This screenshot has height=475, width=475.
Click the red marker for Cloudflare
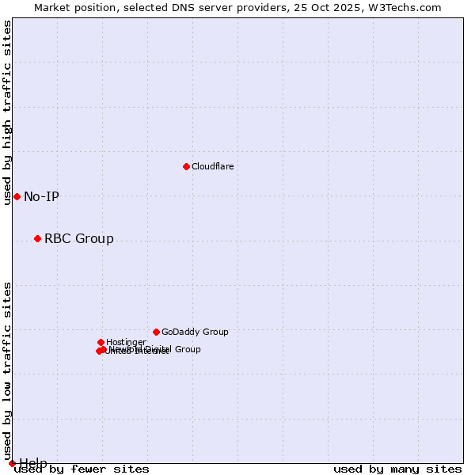pyautogui.click(x=186, y=166)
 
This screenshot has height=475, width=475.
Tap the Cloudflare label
pyautogui.click(x=212, y=167)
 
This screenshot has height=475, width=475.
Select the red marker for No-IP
pyautogui.click(x=17, y=196)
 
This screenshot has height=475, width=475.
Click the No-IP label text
pyautogui.click(x=41, y=197)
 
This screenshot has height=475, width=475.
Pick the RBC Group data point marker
pyautogui.click(x=37, y=238)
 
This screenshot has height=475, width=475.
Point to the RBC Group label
pyautogui.click(x=78, y=239)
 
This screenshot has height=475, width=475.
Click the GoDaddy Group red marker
pyautogui.click(x=156, y=332)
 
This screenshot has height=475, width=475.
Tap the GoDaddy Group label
pyautogui.click(x=195, y=332)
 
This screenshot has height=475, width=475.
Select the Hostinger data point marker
pyautogui.click(x=101, y=342)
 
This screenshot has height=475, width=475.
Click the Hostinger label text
pyautogui.click(x=126, y=343)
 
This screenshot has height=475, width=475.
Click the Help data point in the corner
pyautogui.click(x=12, y=463)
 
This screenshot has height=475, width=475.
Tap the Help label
pyautogui.click(x=33, y=463)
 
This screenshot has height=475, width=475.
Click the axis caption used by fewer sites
pyautogui.click(x=82, y=469)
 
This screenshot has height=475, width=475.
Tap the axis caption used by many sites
pyautogui.click(x=397, y=469)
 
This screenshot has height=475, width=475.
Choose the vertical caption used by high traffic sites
pyautogui.click(x=7, y=112)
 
